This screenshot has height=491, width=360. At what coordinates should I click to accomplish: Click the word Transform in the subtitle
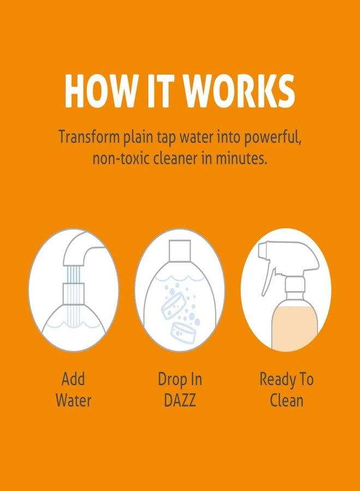coord(89,137)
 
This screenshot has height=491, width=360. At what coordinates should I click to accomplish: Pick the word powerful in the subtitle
coord(271,137)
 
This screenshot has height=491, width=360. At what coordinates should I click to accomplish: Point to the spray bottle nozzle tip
coord(261,251)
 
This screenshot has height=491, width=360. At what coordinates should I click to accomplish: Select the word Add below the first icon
coord(73,379)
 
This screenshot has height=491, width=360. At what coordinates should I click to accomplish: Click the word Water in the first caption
coord(73,401)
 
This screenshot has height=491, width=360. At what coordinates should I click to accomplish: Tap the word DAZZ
coord(179,401)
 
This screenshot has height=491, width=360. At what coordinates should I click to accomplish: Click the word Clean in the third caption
coord(287,401)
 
